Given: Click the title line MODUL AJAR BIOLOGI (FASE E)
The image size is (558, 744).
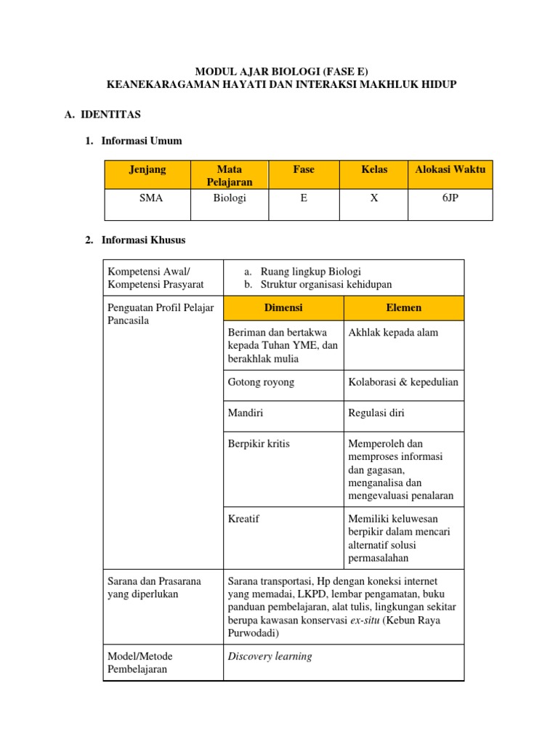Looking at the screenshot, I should [x=282, y=71].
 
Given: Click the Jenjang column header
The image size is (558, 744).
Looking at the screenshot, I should [x=147, y=169].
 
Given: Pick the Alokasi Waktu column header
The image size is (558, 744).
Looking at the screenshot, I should [x=450, y=169].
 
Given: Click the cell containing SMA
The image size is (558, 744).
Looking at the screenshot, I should [x=147, y=197].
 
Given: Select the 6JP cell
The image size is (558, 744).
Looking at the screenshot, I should [x=450, y=197].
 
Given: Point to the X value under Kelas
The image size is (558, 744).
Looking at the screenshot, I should [x=374, y=197].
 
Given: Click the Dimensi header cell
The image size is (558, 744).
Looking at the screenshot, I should [x=283, y=307].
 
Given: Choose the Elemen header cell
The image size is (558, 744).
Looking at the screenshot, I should [x=403, y=307].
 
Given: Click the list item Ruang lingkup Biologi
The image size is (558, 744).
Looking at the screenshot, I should [x=310, y=271].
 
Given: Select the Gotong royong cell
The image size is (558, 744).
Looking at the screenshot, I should [x=262, y=382].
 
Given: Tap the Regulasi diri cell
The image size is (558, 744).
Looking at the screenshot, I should [x=376, y=413].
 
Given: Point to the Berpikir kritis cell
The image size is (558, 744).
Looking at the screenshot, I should [x=259, y=443].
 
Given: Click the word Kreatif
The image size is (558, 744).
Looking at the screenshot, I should [x=243, y=519].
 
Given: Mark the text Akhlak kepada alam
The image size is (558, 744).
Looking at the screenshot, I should [x=394, y=332].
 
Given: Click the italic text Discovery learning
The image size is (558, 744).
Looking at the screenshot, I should [x=270, y=656].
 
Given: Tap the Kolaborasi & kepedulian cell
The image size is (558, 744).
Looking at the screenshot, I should [x=403, y=382].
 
